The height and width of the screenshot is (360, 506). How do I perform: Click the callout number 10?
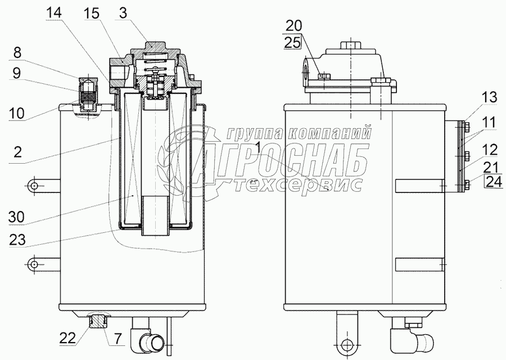tap(16, 113)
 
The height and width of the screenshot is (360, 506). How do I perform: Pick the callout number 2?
tap(17, 151)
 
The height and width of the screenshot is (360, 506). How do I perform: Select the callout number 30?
tap(16, 217)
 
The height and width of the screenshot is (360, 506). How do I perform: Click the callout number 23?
tap(17, 240)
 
